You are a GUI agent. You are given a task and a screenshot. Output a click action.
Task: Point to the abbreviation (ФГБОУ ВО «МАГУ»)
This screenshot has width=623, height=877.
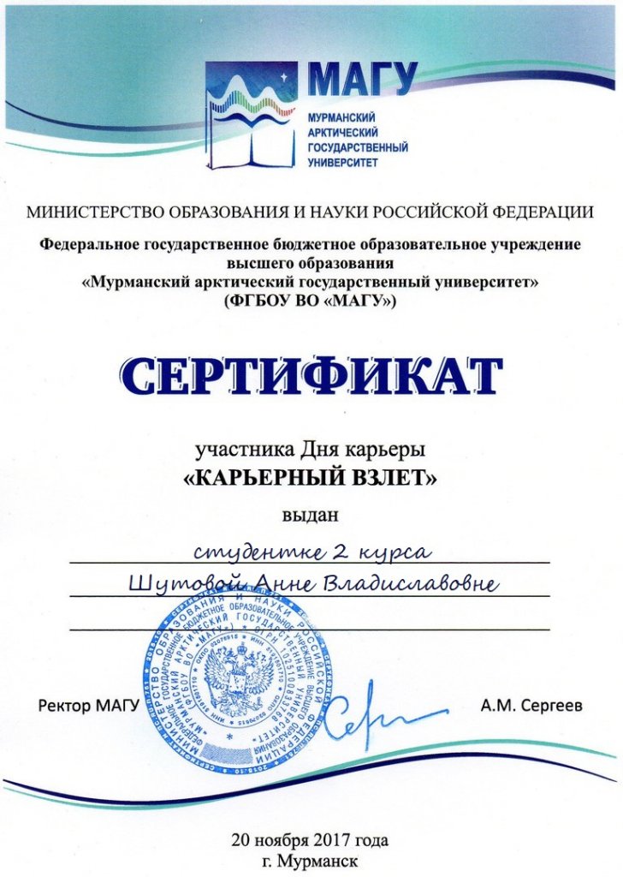tap(311, 301)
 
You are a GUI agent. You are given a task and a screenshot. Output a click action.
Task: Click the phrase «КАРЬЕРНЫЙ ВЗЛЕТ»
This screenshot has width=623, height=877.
tap(311, 480)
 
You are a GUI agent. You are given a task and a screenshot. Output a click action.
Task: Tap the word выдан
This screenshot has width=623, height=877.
tap(311, 516)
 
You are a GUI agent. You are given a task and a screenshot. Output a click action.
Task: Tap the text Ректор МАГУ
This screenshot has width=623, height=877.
tap(88, 707)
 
